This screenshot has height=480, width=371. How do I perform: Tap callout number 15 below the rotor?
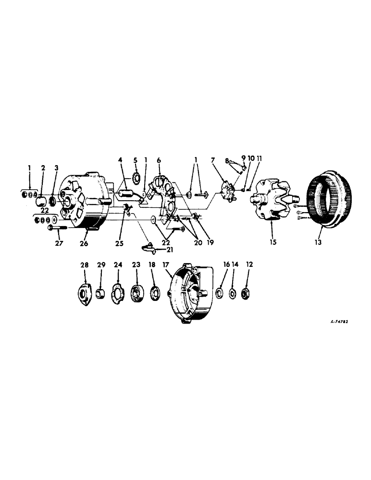coord(272,243)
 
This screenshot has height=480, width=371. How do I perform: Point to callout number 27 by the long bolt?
coord(58,243)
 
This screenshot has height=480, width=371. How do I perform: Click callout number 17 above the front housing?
coord(166,264)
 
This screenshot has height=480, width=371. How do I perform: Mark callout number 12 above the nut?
coord(249,264)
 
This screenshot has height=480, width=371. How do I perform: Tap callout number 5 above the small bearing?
coord(136,160)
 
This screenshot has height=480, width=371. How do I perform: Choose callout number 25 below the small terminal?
coord(119,243)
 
